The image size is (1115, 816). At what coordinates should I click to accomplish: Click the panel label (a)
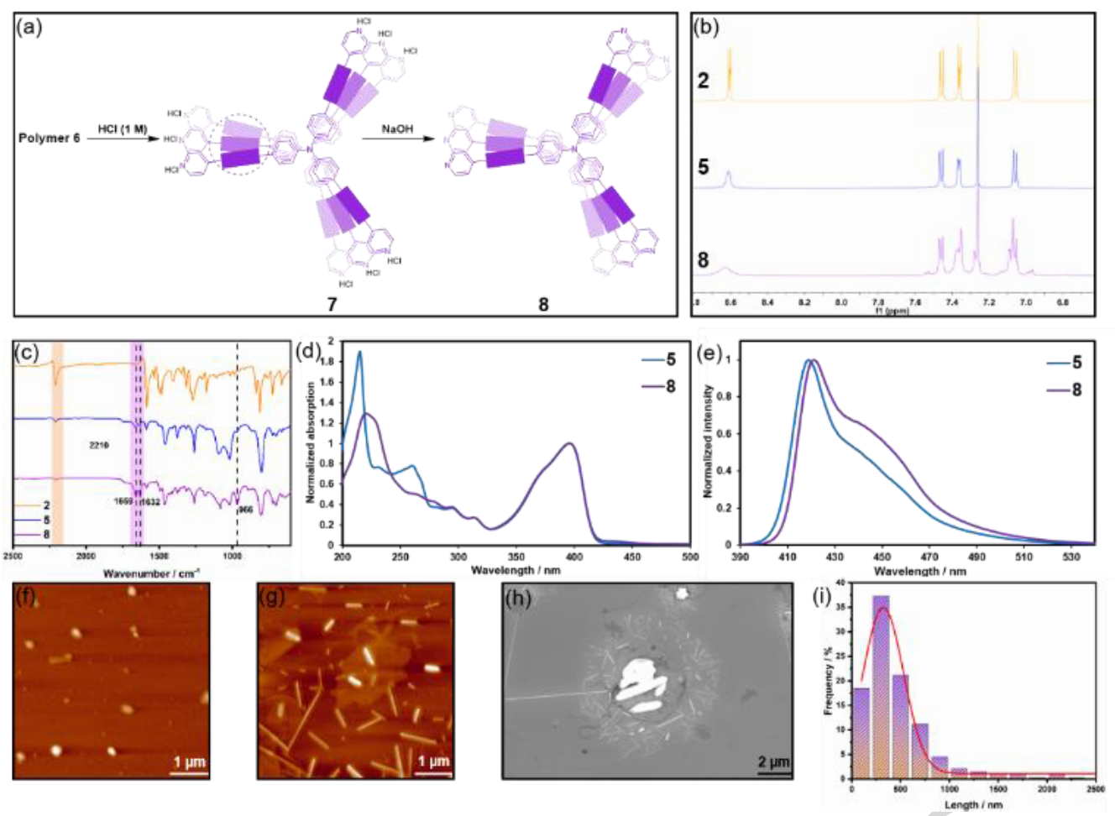click(29, 27)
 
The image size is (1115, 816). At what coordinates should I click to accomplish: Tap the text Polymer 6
click(50, 138)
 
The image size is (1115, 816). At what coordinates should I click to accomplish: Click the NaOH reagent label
click(397, 129)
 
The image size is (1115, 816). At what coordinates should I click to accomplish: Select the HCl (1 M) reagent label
click(122, 129)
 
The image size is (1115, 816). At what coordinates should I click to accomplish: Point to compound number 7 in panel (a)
click(332, 304)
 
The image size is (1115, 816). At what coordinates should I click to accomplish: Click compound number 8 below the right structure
click(543, 304)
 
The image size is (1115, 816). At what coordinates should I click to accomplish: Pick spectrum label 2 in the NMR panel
click(704, 81)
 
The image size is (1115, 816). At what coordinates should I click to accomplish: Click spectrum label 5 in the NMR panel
click(704, 167)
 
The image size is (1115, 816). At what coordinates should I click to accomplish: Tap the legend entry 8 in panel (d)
click(670, 386)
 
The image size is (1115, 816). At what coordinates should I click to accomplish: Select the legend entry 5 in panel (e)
click(1076, 363)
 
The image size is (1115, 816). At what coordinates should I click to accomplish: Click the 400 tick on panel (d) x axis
click(573, 557)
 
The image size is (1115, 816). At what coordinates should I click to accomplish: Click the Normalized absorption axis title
click(311, 442)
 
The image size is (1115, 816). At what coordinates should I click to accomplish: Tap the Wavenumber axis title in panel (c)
click(151, 573)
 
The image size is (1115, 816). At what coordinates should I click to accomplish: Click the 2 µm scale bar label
click(773, 761)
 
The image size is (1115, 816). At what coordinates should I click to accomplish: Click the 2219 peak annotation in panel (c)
click(99, 445)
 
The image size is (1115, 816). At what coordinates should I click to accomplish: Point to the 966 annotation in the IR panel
click(244, 509)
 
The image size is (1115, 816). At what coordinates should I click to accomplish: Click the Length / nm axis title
click(973, 805)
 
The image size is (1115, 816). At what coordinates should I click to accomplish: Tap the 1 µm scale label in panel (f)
click(189, 761)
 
